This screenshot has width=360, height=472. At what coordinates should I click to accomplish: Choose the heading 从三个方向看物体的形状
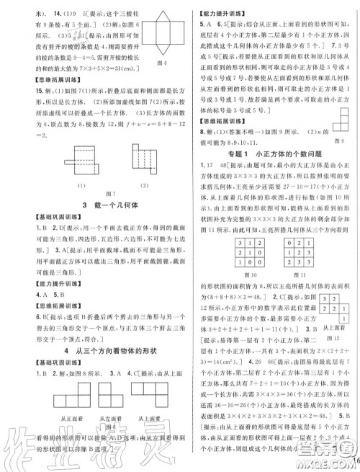click(90, 371)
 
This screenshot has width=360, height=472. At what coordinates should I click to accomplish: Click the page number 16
click(352, 457)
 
